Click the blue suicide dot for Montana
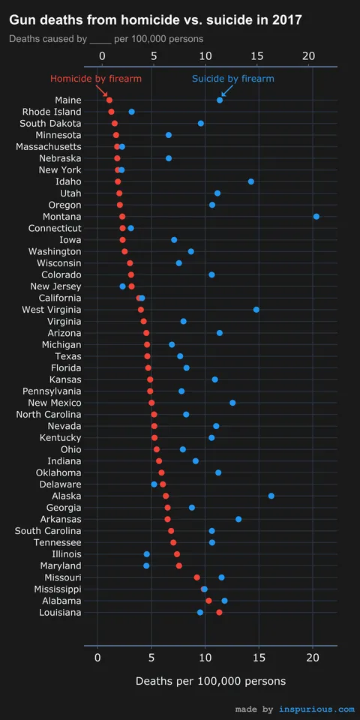click(316, 216)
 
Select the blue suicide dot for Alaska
click(271, 496)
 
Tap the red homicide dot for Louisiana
click(219, 612)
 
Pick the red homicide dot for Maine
click(109, 100)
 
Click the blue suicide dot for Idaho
click(250, 181)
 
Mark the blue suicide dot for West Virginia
click(256, 309)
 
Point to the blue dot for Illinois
click(146, 554)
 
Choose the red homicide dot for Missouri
click(196, 577)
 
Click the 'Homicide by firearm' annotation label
click(95, 79)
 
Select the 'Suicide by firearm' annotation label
click(232, 79)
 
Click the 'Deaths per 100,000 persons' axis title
click(210, 681)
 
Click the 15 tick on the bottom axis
click(259, 657)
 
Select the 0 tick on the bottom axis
click(97, 657)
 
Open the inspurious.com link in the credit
click(316, 709)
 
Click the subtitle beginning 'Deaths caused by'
click(106, 38)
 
